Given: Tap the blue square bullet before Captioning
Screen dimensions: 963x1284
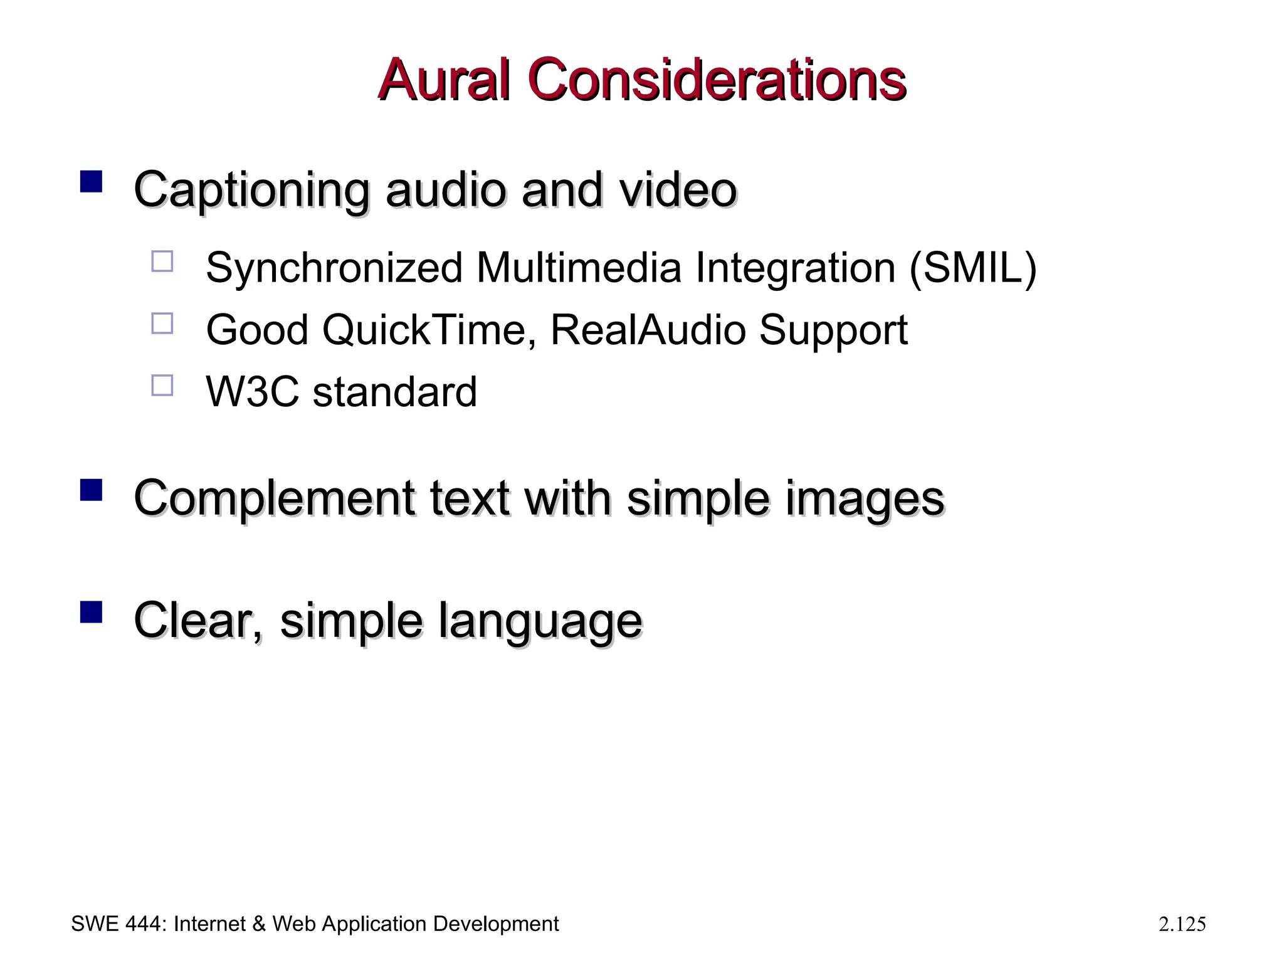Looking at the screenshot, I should pyautogui.click(x=92, y=182).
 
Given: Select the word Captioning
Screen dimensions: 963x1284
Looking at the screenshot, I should pyautogui.click(x=251, y=190).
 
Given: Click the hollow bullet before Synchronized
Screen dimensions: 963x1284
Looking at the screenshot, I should pyautogui.click(x=162, y=261).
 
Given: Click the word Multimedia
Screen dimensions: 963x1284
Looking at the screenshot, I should pyautogui.click(x=578, y=268).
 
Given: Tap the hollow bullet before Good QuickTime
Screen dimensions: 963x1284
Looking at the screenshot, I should pyautogui.click(x=162, y=324).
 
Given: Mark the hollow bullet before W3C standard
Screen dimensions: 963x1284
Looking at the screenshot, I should pyautogui.click(x=162, y=385).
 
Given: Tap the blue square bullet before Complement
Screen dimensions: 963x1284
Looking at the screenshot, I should pyautogui.click(x=92, y=490).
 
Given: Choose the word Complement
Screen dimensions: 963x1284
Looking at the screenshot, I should pyautogui.click(x=274, y=499).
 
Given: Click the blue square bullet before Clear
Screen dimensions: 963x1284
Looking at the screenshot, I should pyautogui.click(x=92, y=612).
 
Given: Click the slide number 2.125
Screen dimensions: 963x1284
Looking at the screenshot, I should pyautogui.click(x=1182, y=925).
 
